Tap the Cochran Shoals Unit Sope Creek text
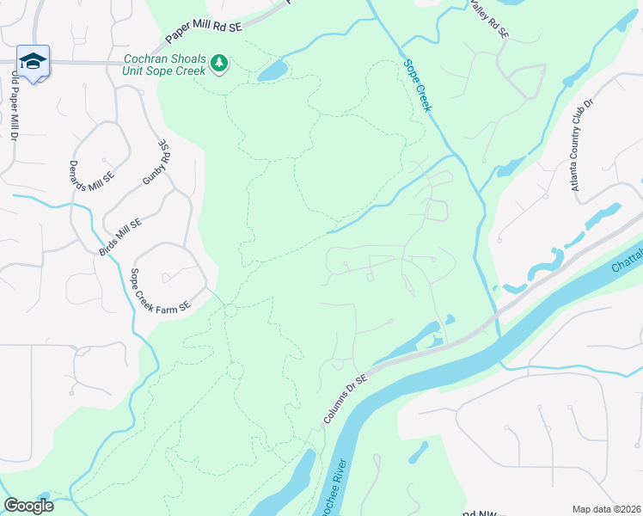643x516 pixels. click(x=164, y=64)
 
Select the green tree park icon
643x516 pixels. click(x=220, y=63)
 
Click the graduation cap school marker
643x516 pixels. click(x=33, y=61)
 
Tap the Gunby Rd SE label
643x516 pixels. click(x=157, y=163)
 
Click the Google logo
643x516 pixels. click(x=29, y=506)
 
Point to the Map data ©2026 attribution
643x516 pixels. click(x=606, y=509)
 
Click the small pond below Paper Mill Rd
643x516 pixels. click(x=273, y=70)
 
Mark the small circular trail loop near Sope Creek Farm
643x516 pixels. click(x=230, y=310)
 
